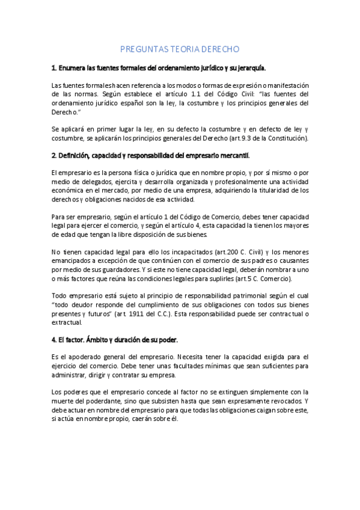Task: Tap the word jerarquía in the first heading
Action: (249, 68)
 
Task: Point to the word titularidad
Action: (270, 191)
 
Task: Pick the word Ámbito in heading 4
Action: (105, 340)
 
